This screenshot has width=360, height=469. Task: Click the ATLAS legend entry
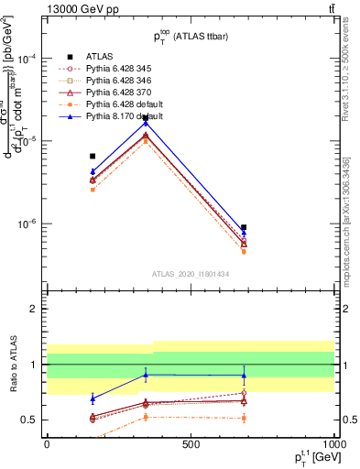tap(100, 56)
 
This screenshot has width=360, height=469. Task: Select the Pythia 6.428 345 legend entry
tap(120, 68)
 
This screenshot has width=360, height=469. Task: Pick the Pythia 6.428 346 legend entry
tap(120, 80)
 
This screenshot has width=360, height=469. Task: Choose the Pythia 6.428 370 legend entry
tap(120, 92)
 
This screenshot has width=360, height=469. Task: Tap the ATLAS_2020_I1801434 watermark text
tap(190, 273)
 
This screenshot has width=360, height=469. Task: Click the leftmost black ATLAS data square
tap(93, 157)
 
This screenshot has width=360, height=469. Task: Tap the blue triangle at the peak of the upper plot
tap(146, 123)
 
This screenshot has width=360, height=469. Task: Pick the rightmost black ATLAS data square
tap(244, 227)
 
